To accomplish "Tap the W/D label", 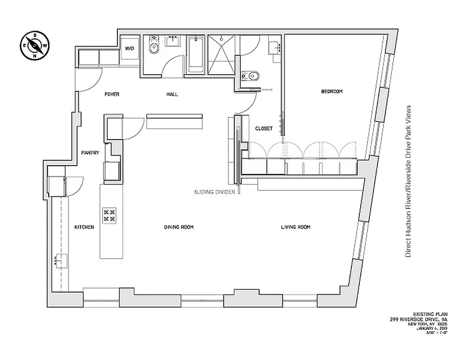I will [x=130, y=48].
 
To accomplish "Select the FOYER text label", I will [x=112, y=94].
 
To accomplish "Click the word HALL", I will [x=172, y=94].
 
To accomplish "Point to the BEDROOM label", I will [x=332, y=91].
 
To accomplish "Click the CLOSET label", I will [x=264, y=128].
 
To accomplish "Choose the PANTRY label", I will [x=90, y=153].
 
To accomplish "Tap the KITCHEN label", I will [x=84, y=227].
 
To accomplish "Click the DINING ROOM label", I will [x=179, y=227].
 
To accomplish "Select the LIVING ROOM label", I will [x=296, y=227].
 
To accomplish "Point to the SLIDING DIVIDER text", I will [x=215, y=191].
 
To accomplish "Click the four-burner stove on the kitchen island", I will [x=109, y=215].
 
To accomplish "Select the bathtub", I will [x=196, y=56].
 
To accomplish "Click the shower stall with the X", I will [x=221, y=56].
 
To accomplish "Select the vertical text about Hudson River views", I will [x=409, y=181].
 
